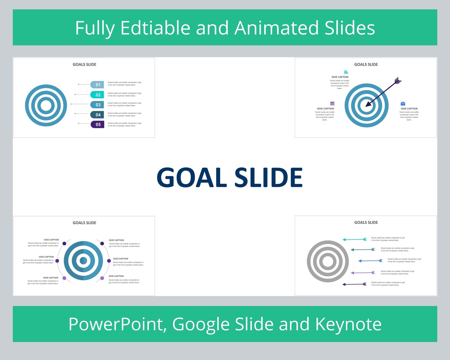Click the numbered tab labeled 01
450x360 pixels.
(x=97, y=84)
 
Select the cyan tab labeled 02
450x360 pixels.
(x=97, y=95)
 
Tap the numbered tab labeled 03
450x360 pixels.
(x=97, y=105)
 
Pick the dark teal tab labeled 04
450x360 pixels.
(x=97, y=115)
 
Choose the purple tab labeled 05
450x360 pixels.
(x=97, y=124)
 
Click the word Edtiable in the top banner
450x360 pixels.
(x=155, y=28)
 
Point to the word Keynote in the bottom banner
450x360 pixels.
(x=348, y=324)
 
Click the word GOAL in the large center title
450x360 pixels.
(x=192, y=177)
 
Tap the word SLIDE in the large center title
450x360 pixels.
(x=268, y=177)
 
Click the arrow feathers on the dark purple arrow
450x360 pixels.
(x=398, y=81)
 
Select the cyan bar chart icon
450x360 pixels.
(x=346, y=72)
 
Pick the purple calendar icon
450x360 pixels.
(x=332, y=103)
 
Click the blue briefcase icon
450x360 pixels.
(x=403, y=103)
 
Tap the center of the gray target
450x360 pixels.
(x=328, y=261)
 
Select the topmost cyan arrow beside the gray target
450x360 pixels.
(x=355, y=240)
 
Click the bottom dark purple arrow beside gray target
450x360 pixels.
(x=355, y=284)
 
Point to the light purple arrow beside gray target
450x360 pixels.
(x=363, y=273)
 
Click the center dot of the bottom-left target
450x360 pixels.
(x=83, y=261)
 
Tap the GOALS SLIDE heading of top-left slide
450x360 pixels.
(x=84, y=64)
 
